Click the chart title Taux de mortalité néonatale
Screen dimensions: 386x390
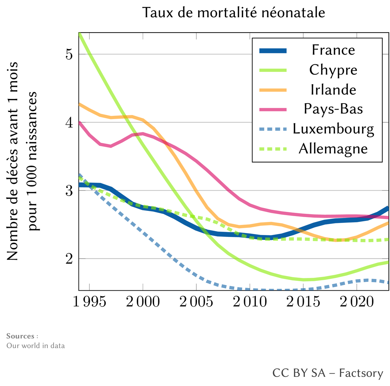click(x=233, y=13)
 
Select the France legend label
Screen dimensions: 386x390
click(x=333, y=50)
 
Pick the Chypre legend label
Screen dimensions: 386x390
click(x=333, y=70)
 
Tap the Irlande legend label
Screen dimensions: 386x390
click(x=333, y=90)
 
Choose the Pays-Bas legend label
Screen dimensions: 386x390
click(x=333, y=109)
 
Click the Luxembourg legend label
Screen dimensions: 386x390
click(x=333, y=129)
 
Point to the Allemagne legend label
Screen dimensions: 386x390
click(x=333, y=149)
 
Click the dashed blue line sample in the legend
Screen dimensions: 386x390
click(x=273, y=129)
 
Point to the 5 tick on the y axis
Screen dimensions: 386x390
click(x=69, y=54)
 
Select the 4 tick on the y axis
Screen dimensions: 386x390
click(x=69, y=122)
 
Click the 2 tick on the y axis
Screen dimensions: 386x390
click(x=69, y=259)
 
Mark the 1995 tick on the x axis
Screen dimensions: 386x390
click(x=89, y=303)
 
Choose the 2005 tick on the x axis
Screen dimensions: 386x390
click(x=196, y=303)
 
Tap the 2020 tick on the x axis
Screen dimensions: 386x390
click(x=357, y=303)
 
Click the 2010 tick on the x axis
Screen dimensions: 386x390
click(x=250, y=303)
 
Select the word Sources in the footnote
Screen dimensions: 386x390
click(x=20, y=336)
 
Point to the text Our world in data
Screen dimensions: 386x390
click(x=35, y=346)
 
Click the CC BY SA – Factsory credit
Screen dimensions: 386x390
click(x=328, y=373)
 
